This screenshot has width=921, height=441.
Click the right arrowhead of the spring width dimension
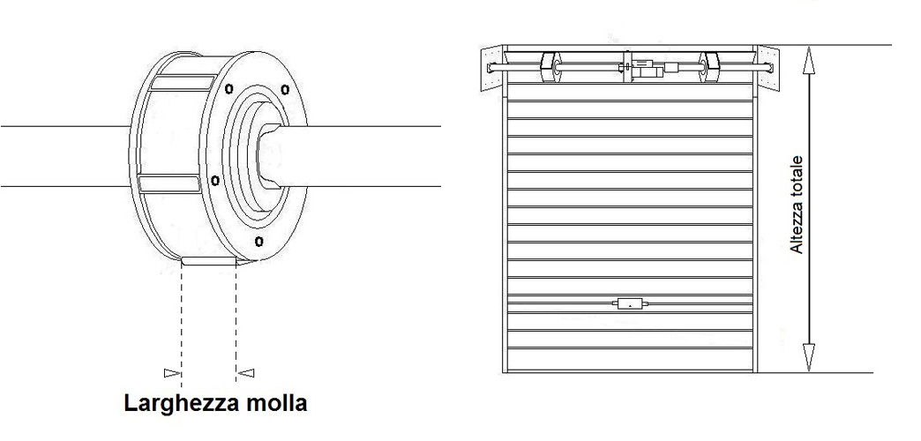(246, 372)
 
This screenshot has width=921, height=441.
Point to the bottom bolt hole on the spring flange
(258, 240)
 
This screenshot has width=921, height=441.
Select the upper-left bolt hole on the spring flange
(229, 88)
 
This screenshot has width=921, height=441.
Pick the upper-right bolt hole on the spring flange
(284, 88)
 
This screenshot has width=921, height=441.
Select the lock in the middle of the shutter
(630, 304)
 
